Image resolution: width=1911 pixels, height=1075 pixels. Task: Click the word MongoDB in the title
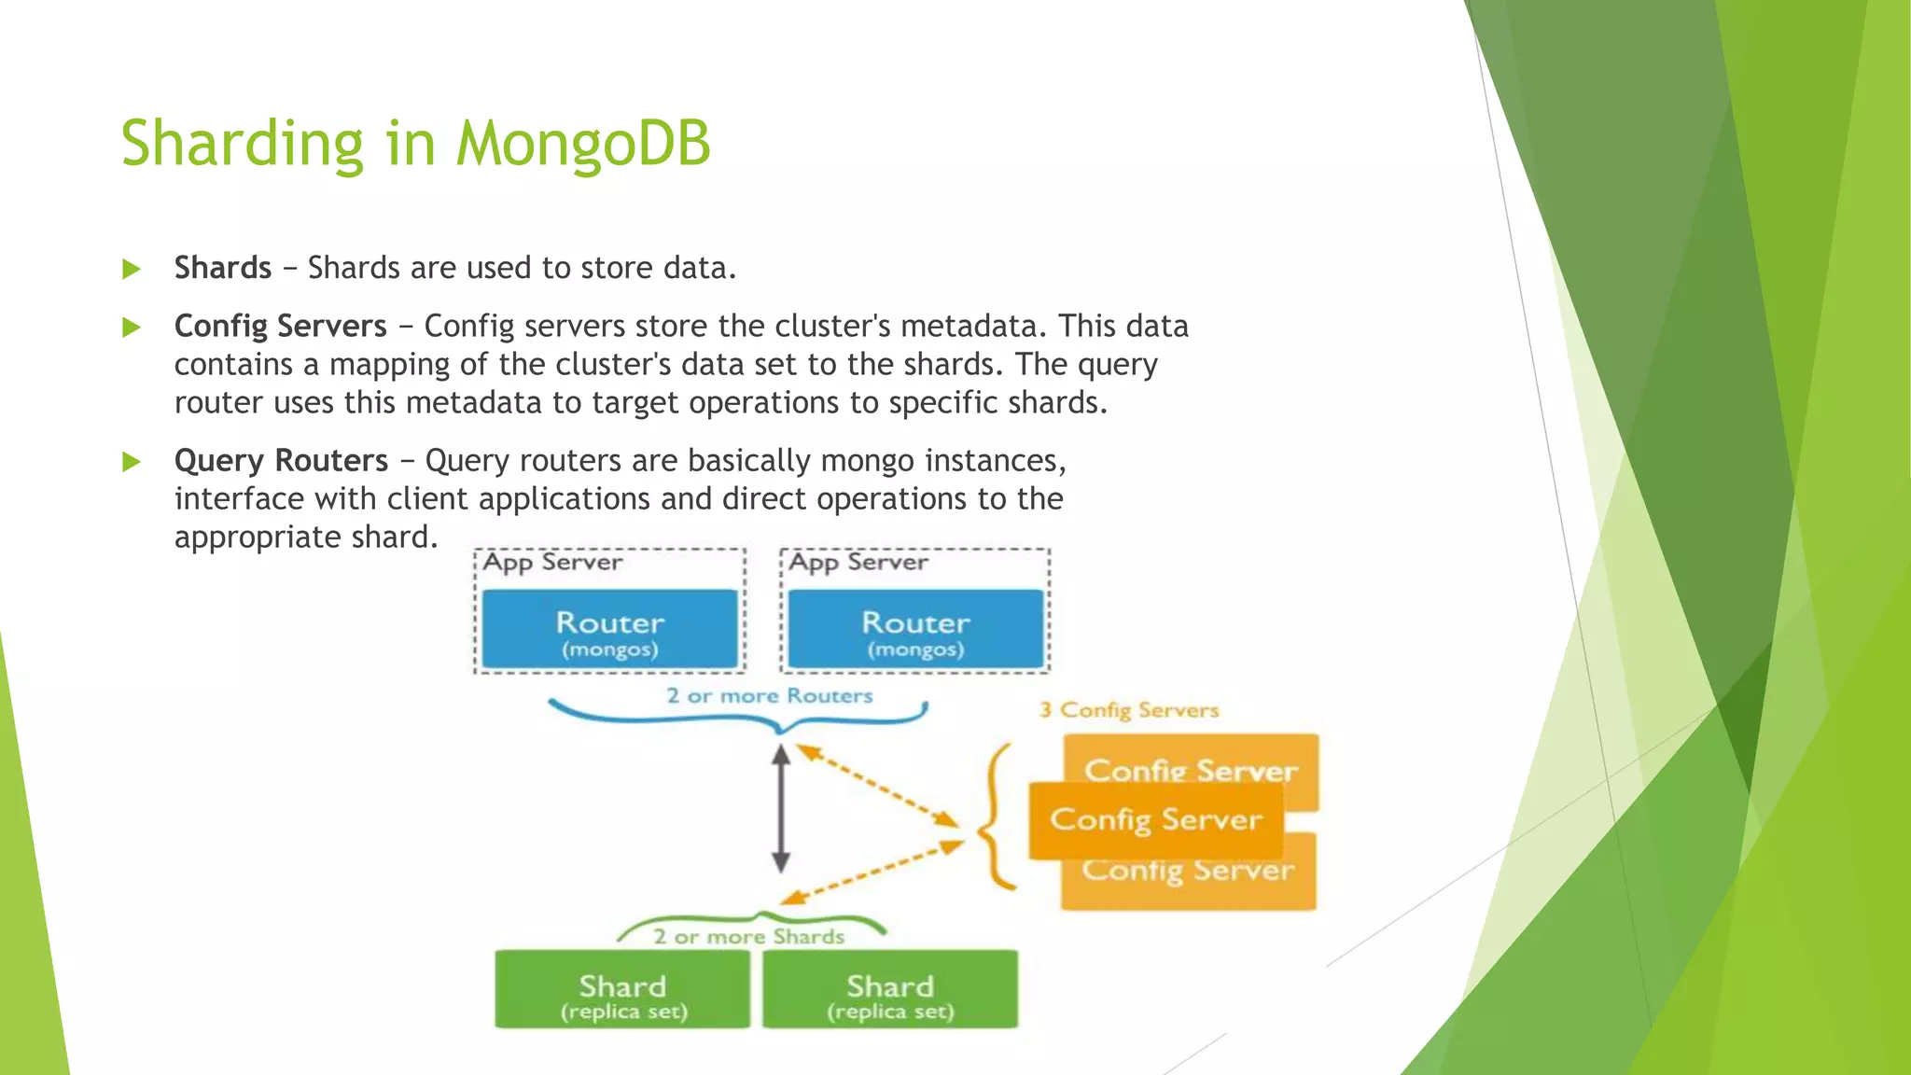click(583, 144)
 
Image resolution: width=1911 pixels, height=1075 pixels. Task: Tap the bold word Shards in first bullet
click(222, 268)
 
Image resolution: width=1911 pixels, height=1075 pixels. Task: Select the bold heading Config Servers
click(280, 326)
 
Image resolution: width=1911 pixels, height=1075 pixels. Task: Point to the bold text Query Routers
click(281, 460)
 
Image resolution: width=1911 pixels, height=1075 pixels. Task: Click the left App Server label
click(552, 562)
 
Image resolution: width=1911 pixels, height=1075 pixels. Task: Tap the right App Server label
click(858, 562)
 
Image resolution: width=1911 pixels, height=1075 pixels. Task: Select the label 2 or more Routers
click(769, 696)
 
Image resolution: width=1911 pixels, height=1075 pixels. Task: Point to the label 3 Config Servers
click(1129, 710)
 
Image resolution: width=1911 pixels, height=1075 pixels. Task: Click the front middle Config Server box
click(1155, 819)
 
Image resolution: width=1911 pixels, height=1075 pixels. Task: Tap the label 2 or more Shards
click(748, 937)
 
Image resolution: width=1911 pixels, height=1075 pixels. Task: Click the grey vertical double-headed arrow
click(782, 808)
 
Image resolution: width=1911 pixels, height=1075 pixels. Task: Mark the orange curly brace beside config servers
click(995, 817)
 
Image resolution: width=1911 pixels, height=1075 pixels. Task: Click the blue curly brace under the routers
click(737, 719)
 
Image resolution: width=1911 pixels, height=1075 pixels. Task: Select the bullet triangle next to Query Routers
click(132, 462)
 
